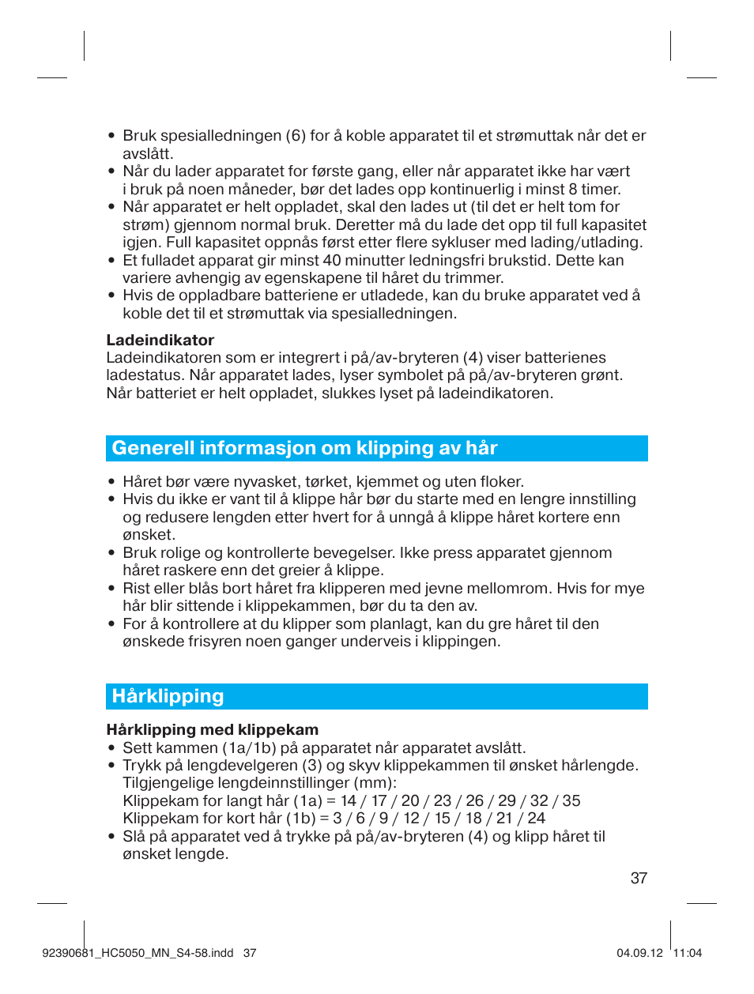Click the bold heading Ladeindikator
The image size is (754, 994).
click(160, 341)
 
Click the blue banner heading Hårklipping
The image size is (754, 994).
click(168, 696)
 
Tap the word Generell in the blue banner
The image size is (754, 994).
click(153, 448)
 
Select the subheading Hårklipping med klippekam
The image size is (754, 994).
click(213, 730)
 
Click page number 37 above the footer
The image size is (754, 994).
click(639, 879)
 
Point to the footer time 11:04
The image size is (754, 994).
click(687, 953)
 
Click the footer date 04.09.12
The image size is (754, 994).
click(639, 953)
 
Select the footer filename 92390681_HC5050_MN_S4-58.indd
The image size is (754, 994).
click(138, 953)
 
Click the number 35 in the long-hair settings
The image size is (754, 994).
click(571, 801)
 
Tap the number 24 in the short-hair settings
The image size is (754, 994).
click(536, 819)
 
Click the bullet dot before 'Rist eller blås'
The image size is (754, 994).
click(111, 589)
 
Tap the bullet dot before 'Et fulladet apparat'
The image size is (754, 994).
click(111, 261)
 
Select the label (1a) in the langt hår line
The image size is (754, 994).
click(307, 801)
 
